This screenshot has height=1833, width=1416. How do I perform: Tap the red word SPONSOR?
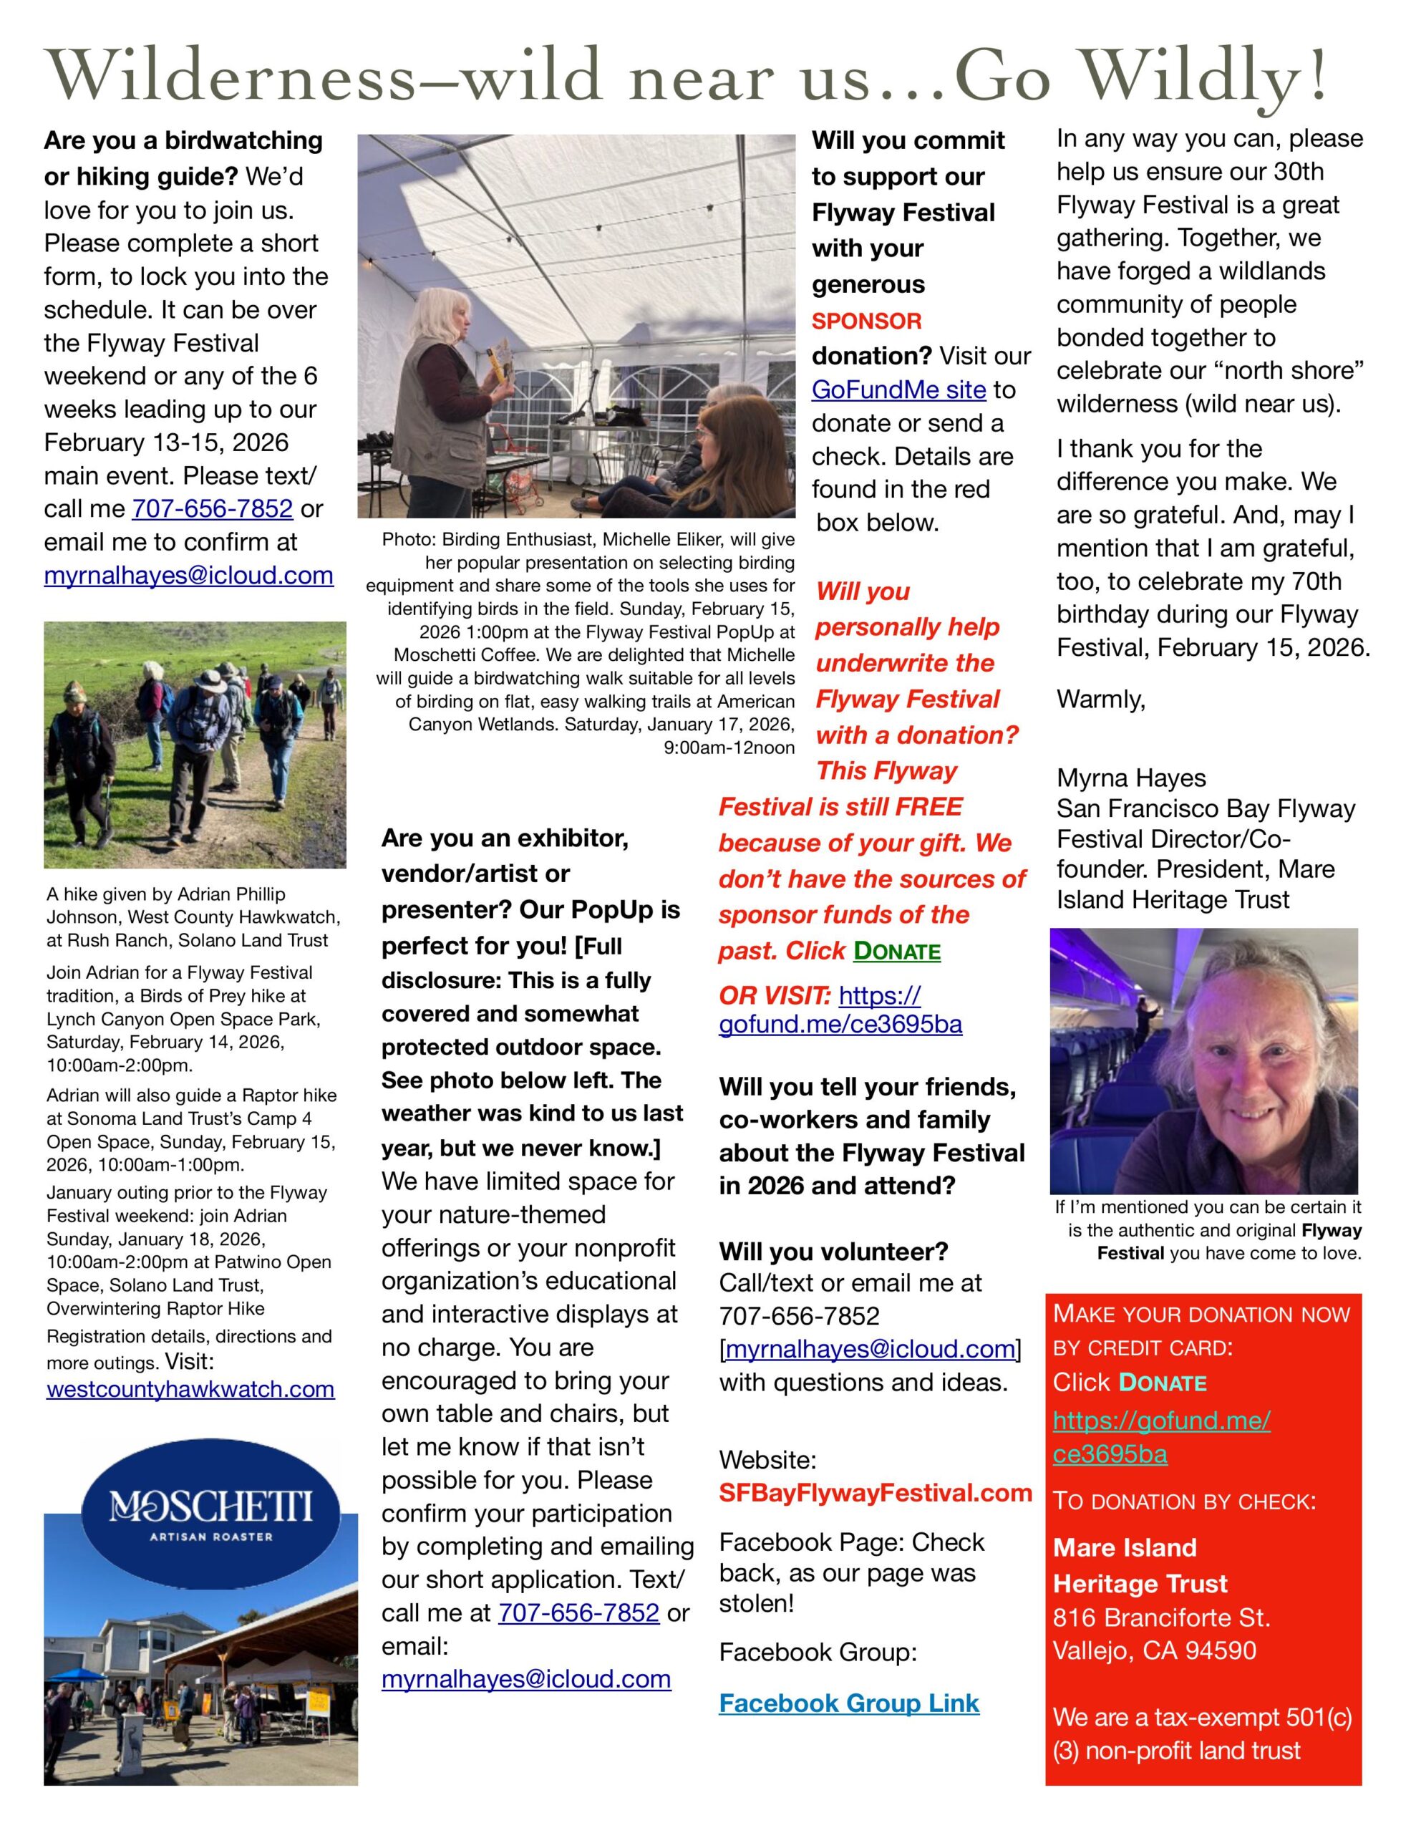tap(866, 321)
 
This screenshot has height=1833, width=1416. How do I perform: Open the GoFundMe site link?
tap(898, 390)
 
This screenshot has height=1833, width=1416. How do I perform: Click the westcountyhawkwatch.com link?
tap(190, 1389)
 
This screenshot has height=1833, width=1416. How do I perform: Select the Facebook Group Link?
tap(848, 1703)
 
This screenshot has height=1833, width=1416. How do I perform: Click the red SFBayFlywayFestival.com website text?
tap(875, 1493)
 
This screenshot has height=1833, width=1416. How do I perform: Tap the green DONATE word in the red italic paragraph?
tap(896, 951)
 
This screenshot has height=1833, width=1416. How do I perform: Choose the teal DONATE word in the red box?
tap(1163, 1383)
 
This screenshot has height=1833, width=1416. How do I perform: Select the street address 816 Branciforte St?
tap(1161, 1617)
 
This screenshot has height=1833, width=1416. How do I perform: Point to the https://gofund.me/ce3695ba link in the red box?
tap(1161, 1437)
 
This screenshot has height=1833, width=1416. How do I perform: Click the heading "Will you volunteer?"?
tap(833, 1252)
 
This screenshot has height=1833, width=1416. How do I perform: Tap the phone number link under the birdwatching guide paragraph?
tap(213, 508)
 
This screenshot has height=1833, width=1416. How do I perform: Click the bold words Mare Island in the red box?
tap(1124, 1547)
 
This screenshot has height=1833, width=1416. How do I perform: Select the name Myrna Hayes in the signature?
tap(1130, 778)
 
